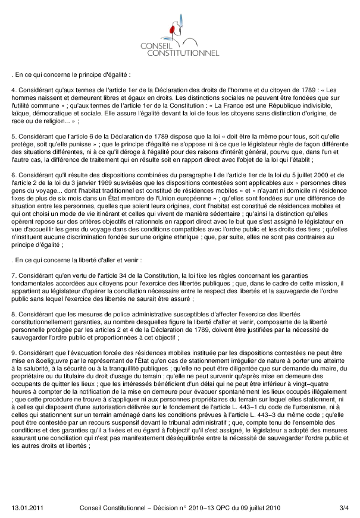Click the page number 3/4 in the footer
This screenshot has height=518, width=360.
tap(343, 507)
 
